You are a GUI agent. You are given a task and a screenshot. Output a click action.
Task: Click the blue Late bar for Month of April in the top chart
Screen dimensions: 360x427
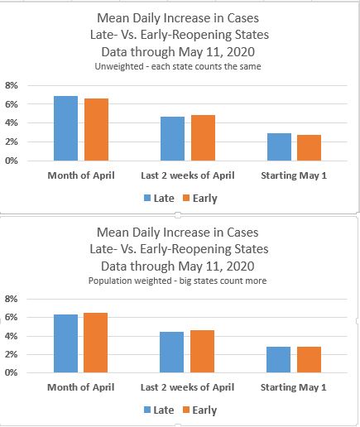pos(65,128)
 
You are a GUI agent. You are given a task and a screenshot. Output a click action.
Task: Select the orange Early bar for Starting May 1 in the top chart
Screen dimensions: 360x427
pos(309,148)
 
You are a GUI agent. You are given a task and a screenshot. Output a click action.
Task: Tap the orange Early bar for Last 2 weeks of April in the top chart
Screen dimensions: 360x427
pos(203,138)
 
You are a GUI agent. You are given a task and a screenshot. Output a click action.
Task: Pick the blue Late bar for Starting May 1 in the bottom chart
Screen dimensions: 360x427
pos(278,360)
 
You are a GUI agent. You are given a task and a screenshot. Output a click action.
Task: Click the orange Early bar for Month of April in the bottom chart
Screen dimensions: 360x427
pos(95,343)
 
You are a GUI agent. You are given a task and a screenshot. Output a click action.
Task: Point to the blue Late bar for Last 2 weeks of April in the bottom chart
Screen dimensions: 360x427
pos(171,353)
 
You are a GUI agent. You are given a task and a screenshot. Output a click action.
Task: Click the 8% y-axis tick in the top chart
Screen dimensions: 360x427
pos(12,85)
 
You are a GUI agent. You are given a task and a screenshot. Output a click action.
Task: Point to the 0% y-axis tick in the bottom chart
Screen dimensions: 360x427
pos(12,372)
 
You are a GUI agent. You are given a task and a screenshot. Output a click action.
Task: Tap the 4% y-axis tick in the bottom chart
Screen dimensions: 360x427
pos(12,336)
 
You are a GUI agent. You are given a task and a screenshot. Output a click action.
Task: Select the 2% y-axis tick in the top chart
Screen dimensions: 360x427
pos(12,142)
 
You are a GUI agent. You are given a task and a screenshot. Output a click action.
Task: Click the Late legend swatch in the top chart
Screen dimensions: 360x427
pos(147,198)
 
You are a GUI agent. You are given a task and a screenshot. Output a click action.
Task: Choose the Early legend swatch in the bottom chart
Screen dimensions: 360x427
pos(186,410)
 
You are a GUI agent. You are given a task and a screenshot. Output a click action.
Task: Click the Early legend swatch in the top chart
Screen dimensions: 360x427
pos(186,198)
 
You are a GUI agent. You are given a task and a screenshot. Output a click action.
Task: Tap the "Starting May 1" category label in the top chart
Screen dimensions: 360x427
pos(294,175)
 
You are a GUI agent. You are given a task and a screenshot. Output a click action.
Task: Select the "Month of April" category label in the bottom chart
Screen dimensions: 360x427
pos(81,387)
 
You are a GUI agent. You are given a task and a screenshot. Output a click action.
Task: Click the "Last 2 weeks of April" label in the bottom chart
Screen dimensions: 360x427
pos(188,387)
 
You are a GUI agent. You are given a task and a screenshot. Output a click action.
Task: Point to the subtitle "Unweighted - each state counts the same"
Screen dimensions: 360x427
pos(178,66)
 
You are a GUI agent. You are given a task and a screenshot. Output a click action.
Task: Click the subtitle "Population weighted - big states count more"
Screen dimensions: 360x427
pos(177,281)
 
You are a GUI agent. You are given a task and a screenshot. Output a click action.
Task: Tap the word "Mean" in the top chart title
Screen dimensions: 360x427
pos(113,18)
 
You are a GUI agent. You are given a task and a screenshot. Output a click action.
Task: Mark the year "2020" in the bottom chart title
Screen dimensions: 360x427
pos(240,266)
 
